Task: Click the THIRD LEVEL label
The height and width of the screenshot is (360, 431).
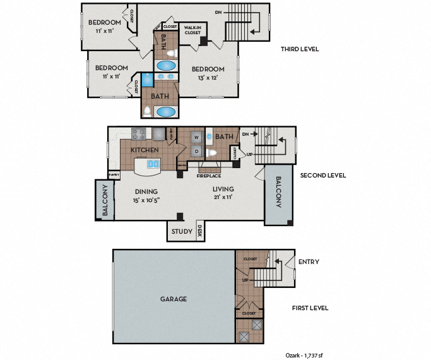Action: coord(299,49)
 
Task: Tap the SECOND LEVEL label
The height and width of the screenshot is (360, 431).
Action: coord(322,175)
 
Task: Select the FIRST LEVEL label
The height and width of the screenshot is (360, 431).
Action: coord(310,308)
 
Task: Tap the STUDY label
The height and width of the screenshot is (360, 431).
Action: coord(182,231)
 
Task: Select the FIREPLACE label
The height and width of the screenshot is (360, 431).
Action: coord(209,176)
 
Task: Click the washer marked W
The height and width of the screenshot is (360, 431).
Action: coord(196,137)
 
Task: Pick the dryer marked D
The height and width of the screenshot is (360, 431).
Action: coord(196,151)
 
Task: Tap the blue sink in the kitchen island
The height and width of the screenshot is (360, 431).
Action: coord(152,164)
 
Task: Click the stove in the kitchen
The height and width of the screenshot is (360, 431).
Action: coord(138,134)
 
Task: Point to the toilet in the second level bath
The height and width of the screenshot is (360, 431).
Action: coord(213,153)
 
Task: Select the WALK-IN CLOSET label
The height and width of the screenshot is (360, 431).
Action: coord(192,30)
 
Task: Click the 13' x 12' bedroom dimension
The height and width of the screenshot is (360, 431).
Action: coord(208,78)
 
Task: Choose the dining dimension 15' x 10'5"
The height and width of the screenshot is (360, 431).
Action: coord(146,200)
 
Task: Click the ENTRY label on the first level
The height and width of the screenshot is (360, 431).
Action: coord(308,261)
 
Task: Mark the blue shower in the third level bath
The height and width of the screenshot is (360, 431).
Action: coord(147,80)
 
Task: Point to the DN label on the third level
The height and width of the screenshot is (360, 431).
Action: coord(218,12)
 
